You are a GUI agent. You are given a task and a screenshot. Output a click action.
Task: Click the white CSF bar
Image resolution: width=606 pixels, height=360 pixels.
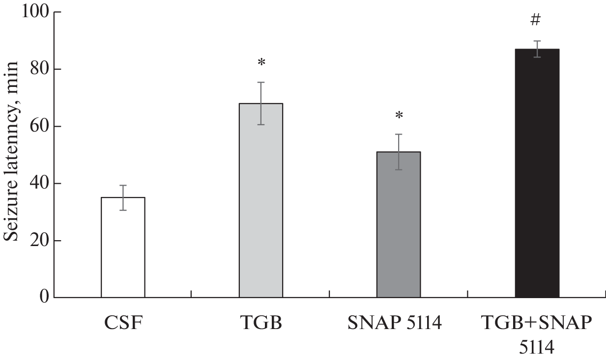click(x=123, y=248)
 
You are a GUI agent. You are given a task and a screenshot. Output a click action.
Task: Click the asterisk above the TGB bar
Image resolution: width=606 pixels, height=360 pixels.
click(x=261, y=63)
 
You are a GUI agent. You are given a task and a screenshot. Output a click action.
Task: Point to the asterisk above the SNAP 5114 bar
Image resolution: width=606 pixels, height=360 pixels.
click(x=399, y=116)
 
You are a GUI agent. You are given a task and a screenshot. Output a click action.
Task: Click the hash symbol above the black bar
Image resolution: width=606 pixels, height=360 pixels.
click(x=536, y=20)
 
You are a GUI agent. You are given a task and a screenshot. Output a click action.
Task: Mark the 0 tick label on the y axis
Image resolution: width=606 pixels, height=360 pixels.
click(x=43, y=298)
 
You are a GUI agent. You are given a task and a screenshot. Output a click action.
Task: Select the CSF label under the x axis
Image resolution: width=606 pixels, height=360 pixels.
click(x=122, y=325)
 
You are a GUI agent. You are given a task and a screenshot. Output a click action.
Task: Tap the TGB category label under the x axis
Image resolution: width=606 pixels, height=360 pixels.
click(x=261, y=325)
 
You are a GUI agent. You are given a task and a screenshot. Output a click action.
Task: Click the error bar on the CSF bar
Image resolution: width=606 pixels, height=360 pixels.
click(x=123, y=197)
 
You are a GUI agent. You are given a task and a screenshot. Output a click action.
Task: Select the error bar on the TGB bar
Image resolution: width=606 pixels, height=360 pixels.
click(x=261, y=103)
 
